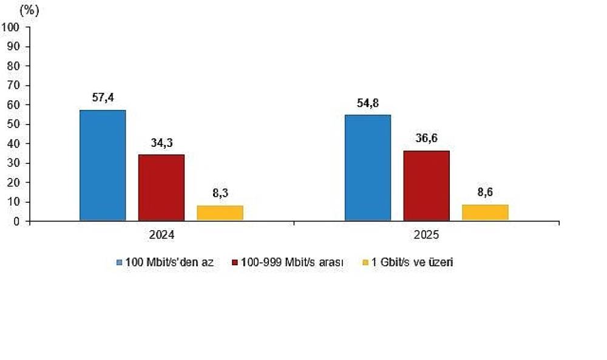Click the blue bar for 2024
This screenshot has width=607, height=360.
tap(103, 165)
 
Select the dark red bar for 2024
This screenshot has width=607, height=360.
tap(161, 188)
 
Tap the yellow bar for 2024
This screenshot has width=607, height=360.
tap(220, 213)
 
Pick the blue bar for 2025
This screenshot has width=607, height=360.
tap(368, 168)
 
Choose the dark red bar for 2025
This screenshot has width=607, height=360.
tap(427, 186)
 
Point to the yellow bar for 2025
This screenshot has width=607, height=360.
tap(486, 212)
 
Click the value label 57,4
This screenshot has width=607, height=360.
tap(103, 98)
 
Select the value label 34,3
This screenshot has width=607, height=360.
tap(161, 143)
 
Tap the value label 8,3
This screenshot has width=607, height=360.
tap(220, 193)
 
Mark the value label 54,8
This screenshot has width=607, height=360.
tap(368, 103)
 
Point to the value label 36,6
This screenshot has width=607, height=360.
tap(427, 138)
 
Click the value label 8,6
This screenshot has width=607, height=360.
tap(486, 192)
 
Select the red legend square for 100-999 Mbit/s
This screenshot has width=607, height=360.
tap(234, 262)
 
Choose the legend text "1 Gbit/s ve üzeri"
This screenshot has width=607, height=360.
tap(412, 262)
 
